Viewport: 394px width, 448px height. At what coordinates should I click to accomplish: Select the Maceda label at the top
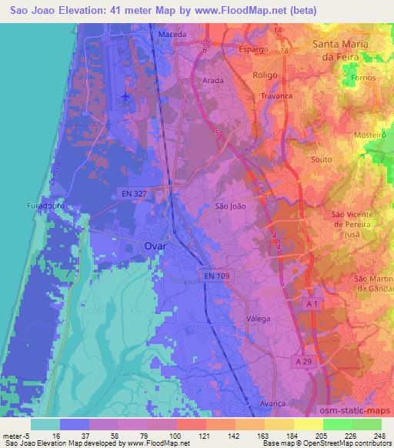(172, 35)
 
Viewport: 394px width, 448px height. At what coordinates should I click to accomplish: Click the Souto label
(319, 159)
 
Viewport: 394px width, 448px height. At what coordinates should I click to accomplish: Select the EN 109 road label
(218, 275)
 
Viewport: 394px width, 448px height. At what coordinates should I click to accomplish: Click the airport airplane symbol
(125, 98)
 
